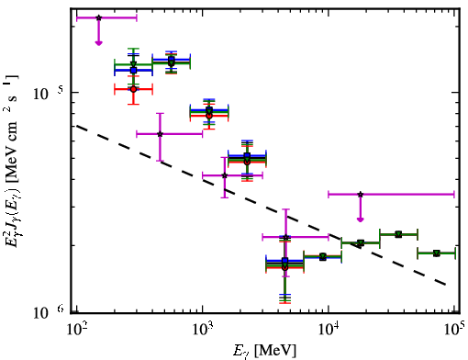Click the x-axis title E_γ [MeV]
click(x=265, y=350)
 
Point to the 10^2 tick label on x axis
click(x=77, y=329)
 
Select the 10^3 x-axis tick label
click(x=203, y=329)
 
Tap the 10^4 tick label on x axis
click(x=329, y=329)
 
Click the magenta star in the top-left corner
click(x=98, y=17)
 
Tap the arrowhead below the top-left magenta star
click(x=98, y=43)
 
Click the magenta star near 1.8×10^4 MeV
click(x=361, y=194)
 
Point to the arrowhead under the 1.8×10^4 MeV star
click(x=361, y=219)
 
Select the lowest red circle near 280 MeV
click(x=133, y=89)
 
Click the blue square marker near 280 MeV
click(x=133, y=70)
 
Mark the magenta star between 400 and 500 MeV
click(x=160, y=134)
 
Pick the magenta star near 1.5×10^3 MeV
click(x=225, y=175)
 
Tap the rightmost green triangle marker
click(x=437, y=253)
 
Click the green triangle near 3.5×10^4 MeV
click(x=398, y=234)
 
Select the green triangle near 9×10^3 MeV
click(x=323, y=256)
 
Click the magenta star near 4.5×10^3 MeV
click(x=285, y=237)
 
